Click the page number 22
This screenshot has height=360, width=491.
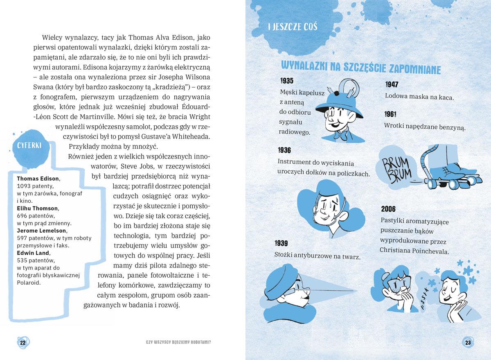pyautogui.click(x=23, y=342)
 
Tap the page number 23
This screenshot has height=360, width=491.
pyautogui.click(x=468, y=342)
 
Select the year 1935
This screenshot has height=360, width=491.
pyautogui.click(x=287, y=81)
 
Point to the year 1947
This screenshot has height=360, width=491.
pyautogui.click(x=392, y=85)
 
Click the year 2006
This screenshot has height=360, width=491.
pyautogui.click(x=388, y=209)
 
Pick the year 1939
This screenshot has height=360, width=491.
pyautogui.click(x=282, y=243)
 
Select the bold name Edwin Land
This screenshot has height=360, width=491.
pyautogui.click(x=33, y=253)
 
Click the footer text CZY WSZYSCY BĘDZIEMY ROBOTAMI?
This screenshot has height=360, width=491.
pyautogui.click(x=178, y=343)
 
